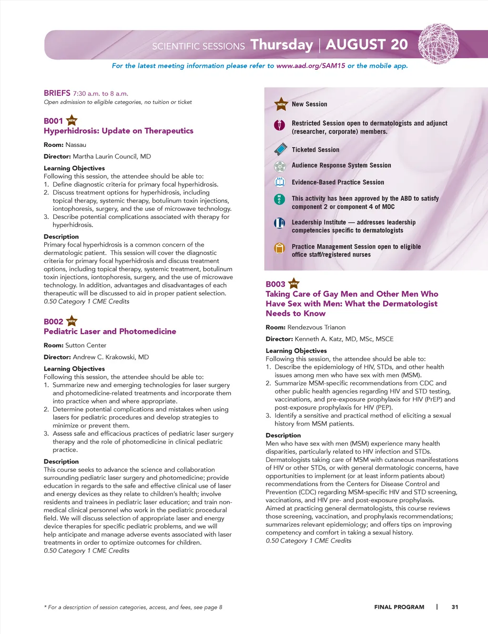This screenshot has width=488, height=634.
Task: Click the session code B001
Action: pos(53,121)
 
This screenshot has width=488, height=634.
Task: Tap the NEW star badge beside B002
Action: pos(72,321)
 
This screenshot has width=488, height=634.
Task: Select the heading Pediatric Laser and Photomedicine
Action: pos(110,332)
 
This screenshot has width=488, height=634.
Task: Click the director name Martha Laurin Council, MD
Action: pos(112,156)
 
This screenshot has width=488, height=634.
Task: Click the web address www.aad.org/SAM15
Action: pos(311,66)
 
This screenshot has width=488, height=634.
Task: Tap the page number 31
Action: pos(455,607)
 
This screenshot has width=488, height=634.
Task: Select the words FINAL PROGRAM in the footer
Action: pos(399,607)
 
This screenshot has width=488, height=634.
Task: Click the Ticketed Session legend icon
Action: pos(280,149)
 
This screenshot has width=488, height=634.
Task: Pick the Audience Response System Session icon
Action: pos(280,166)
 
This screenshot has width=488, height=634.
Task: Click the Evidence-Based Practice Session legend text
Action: pos(338,182)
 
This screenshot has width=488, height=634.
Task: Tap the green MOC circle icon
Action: pos(280,199)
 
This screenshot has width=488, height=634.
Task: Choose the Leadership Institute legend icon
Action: pos(280,223)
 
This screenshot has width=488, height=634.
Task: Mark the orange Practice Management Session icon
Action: pos(280,248)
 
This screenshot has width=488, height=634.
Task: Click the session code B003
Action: pos(275,284)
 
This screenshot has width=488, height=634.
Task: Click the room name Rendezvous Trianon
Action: pos(316,327)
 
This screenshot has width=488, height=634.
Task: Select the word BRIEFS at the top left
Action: pos(57,93)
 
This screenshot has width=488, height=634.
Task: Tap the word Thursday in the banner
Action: pos(282,45)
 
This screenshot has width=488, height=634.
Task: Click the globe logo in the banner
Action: pos(438,44)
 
